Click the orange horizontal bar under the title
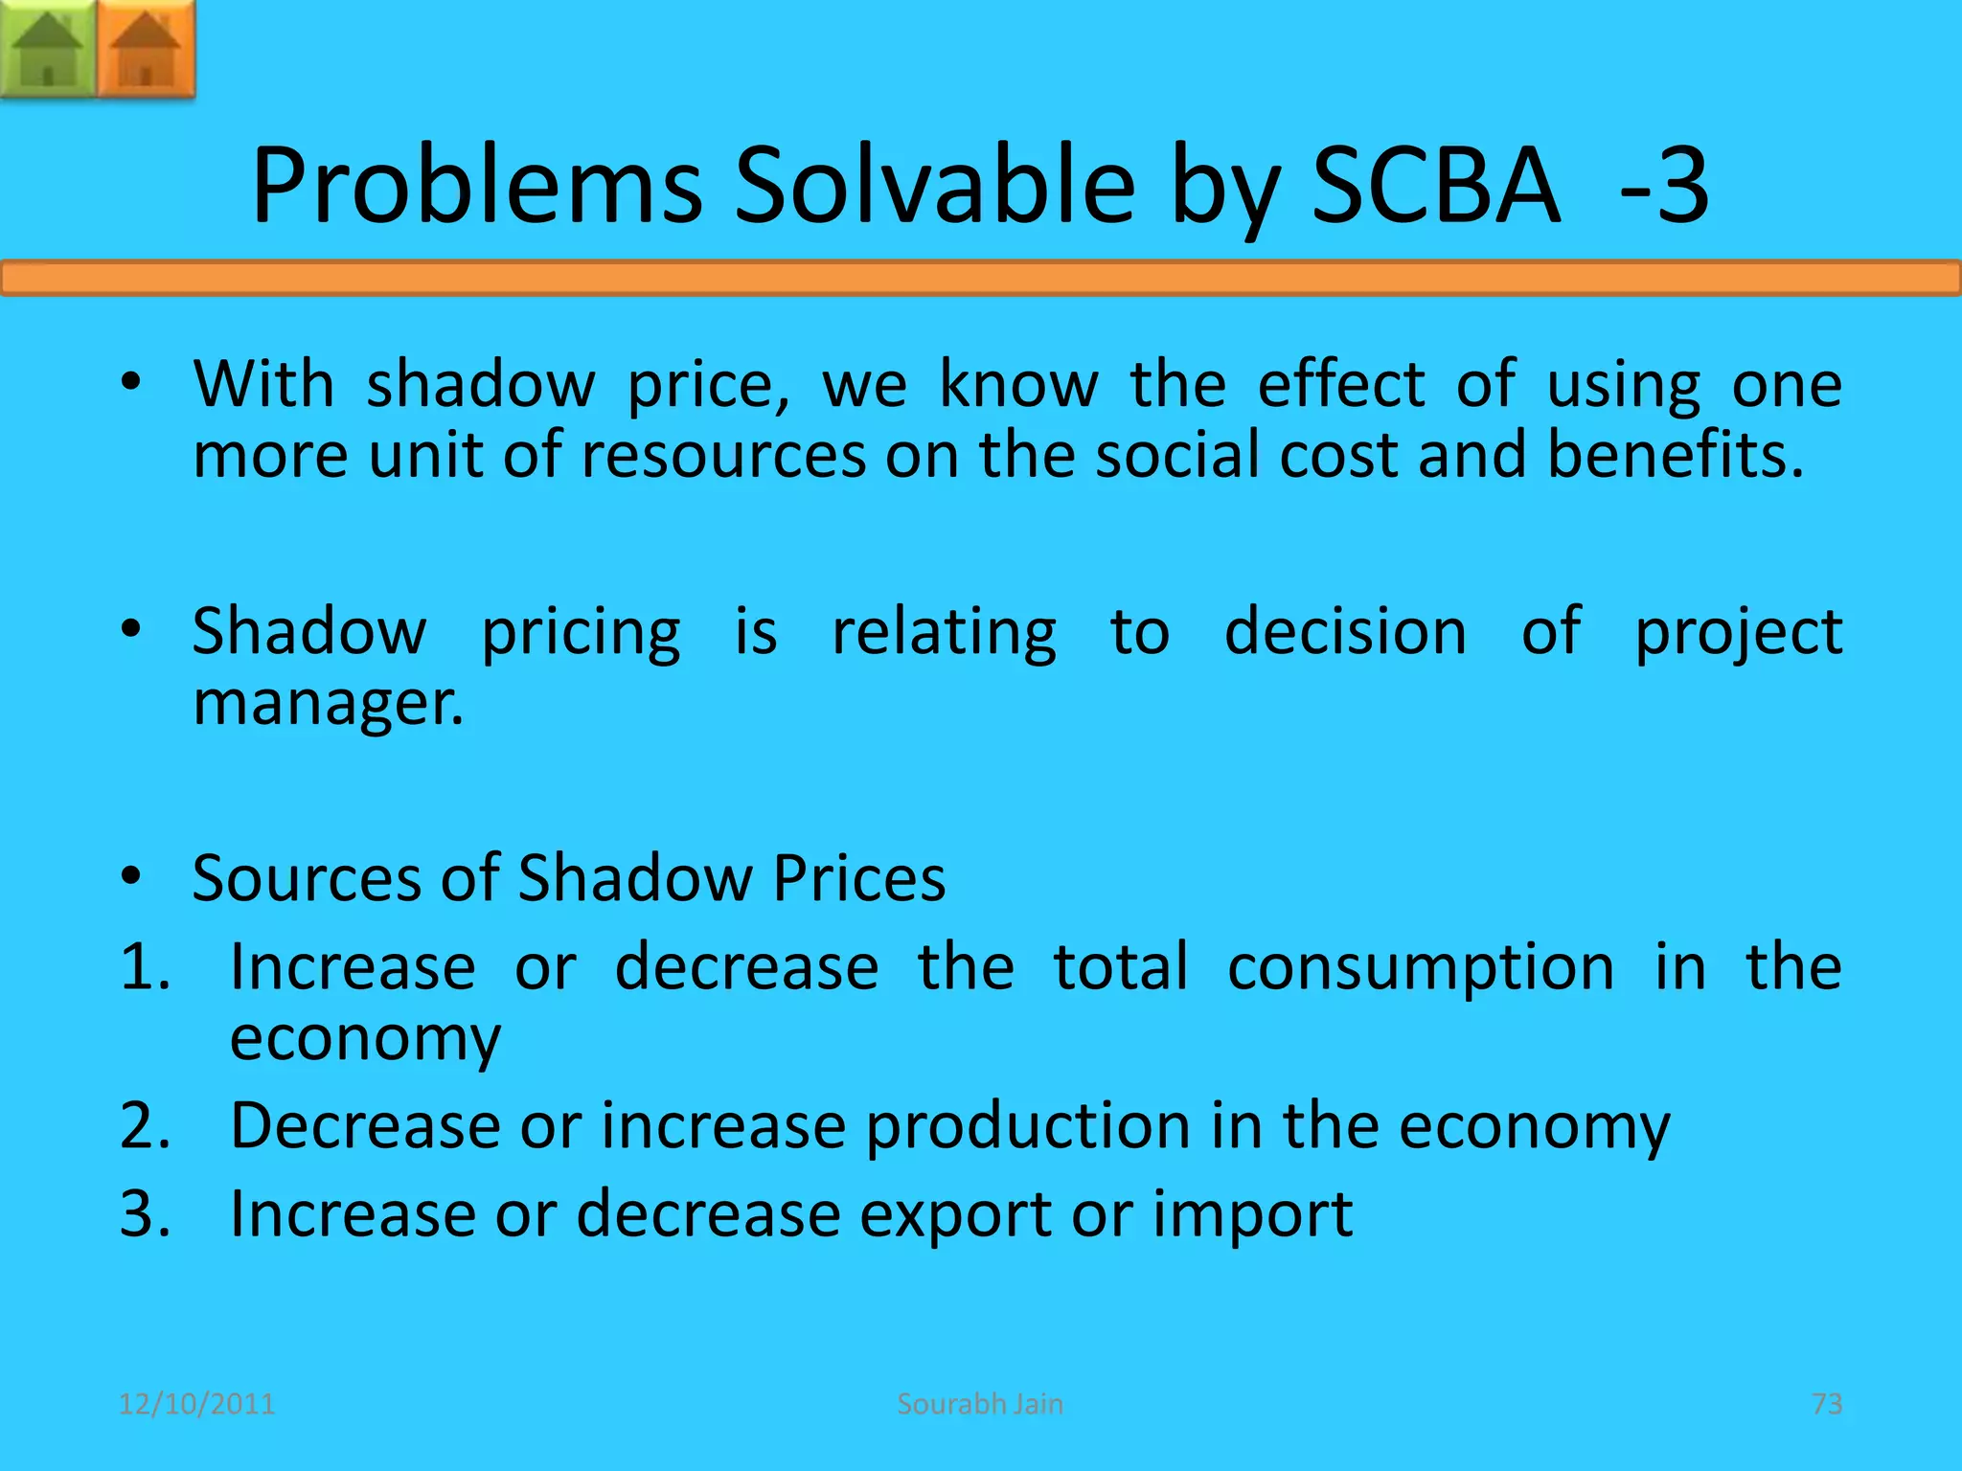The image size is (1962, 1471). pos(981,279)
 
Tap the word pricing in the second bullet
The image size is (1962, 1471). pos(581,634)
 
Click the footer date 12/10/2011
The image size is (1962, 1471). pos(196,1404)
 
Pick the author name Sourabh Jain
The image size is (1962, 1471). pos(980,1404)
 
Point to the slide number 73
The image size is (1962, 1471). pos(1827,1404)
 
